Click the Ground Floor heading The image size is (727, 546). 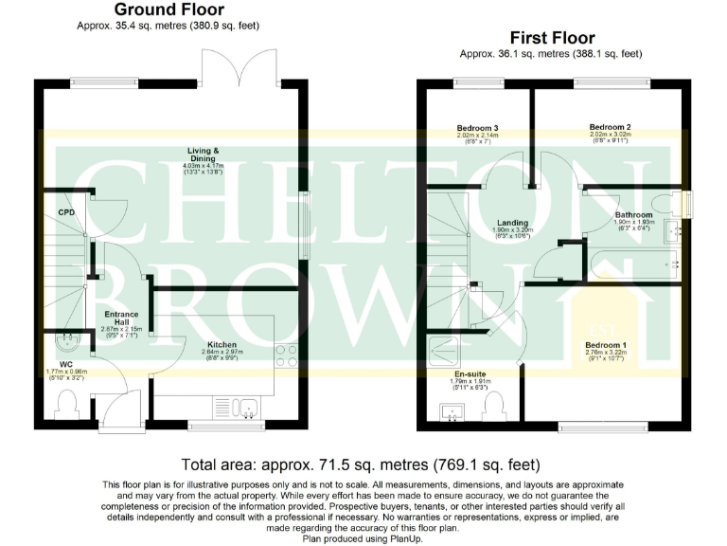tap(168, 10)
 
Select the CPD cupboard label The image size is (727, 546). tap(66, 212)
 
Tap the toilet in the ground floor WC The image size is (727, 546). tap(67, 405)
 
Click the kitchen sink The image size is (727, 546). tap(248, 409)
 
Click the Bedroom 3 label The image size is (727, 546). tap(477, 128)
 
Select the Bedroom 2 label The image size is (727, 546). tap(610, 127)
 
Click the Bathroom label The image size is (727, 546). tap(633, 215)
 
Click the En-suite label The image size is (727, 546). tap(470, 373)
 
